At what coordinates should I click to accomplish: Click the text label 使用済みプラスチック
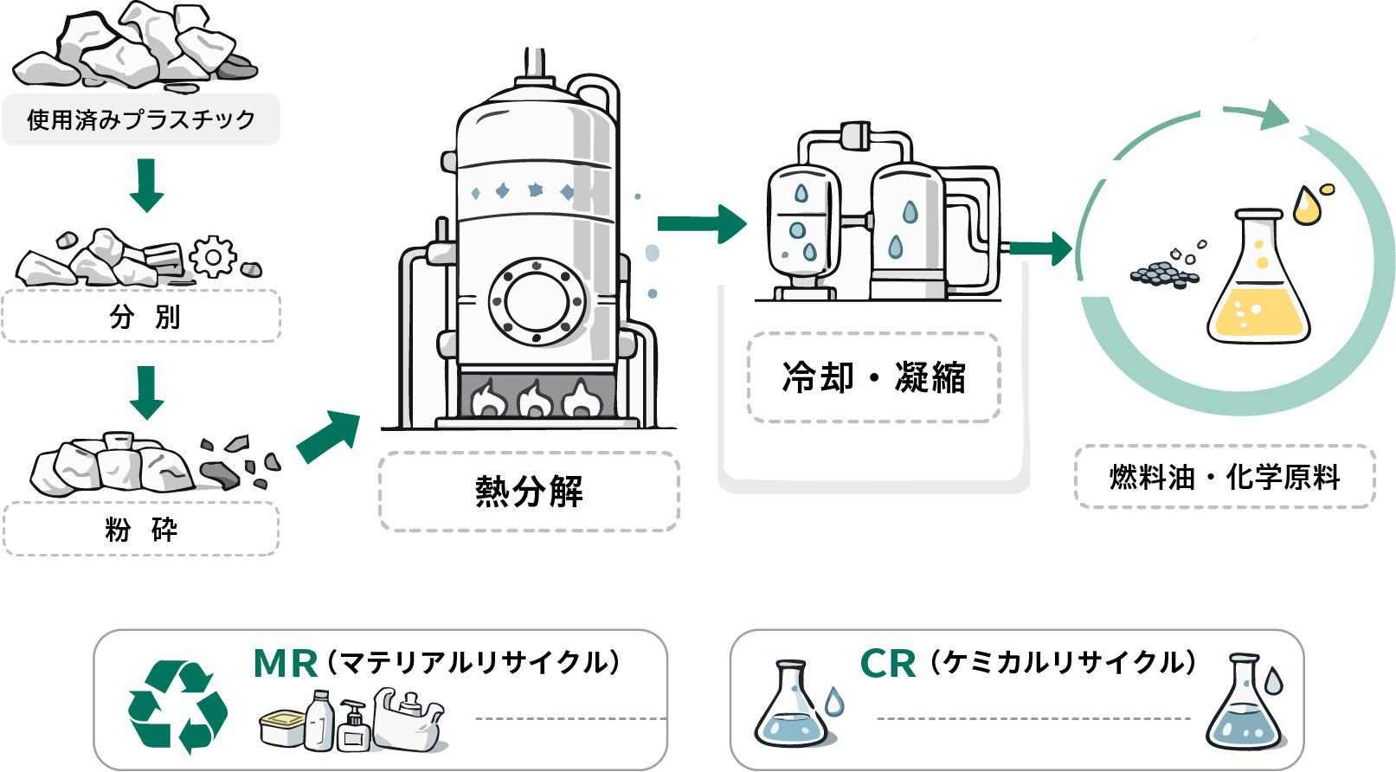click(141, 119)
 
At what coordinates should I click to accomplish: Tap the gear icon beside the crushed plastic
click(213, 257)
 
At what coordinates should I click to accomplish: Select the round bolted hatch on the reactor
click(537, 301)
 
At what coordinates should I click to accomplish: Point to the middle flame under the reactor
click(533, 400)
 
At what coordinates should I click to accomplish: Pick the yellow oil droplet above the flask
click(1309, 206)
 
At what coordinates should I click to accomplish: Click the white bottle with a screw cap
click(318, 720)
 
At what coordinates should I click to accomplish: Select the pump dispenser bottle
click(354, 727)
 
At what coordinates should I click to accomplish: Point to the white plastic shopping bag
click(407, 718)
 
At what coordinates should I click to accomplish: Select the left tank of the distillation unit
click(803, 222)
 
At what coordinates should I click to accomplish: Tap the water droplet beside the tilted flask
click(834, 701)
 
